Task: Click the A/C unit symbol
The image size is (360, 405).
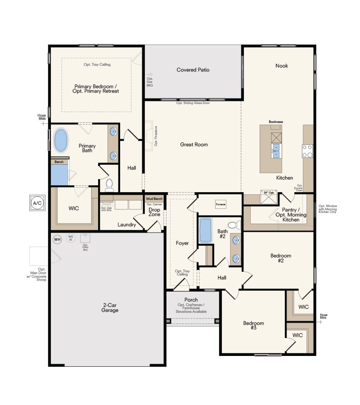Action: click(36, 203)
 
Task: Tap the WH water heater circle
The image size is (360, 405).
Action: click(57, 239)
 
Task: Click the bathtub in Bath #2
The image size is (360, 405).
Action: click(205, 230)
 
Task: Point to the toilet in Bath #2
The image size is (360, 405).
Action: click(233, 225)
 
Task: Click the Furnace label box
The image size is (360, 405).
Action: click(220, 204)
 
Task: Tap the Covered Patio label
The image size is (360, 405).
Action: click(193, 70)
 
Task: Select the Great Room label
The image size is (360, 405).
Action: click(194, 144)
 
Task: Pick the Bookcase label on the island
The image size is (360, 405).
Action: click(275, 122)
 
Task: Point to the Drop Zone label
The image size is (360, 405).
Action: click(154, 212)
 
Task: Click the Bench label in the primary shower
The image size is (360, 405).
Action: click(59, 162)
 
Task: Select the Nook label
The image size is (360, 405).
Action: click(282, 66)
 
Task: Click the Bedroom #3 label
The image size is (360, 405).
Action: click(253, 325)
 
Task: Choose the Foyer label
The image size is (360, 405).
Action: click(182, 243)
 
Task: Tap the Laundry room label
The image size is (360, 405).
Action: click(127, 225)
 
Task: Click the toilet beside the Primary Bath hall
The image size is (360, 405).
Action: click(109, 184)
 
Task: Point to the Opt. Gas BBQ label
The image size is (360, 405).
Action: click(150, 81)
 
